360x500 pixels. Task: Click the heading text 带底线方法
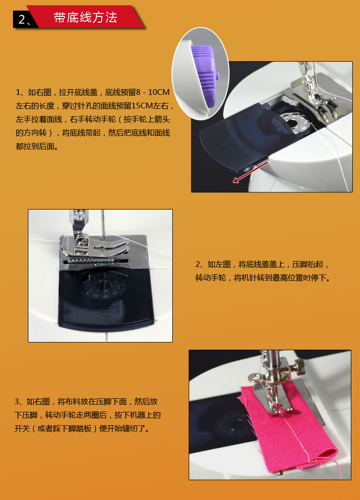[x=85, y=18]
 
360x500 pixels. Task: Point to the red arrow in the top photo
[x=250, y=173]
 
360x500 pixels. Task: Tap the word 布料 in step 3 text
[x=64, y=401]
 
